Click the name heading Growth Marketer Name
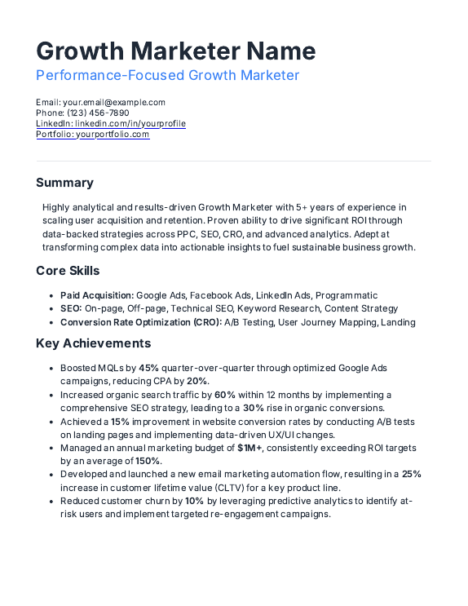click(x=175, y=51)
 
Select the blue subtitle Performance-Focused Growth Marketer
click(x=167, y=76)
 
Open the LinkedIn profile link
click(x=125, y=124)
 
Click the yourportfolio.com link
click(x=113, y=135)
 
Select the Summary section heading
click(x=64, y=183)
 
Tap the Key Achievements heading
click(x=94, y=343)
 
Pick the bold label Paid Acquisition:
click(x=97, y=295)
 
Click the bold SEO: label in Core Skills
click(x=71, y=308)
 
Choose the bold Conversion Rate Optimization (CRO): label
click(x=141, y=321)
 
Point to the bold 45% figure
click(x=149, y=369)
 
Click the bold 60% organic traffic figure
click(x=225, y=395)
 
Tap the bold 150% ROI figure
click(x=148, y=461)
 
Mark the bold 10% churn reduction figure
click(x=194, y=501)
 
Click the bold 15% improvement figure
click(x=121, y=422)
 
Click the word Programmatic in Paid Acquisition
click(x=347, y=295)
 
